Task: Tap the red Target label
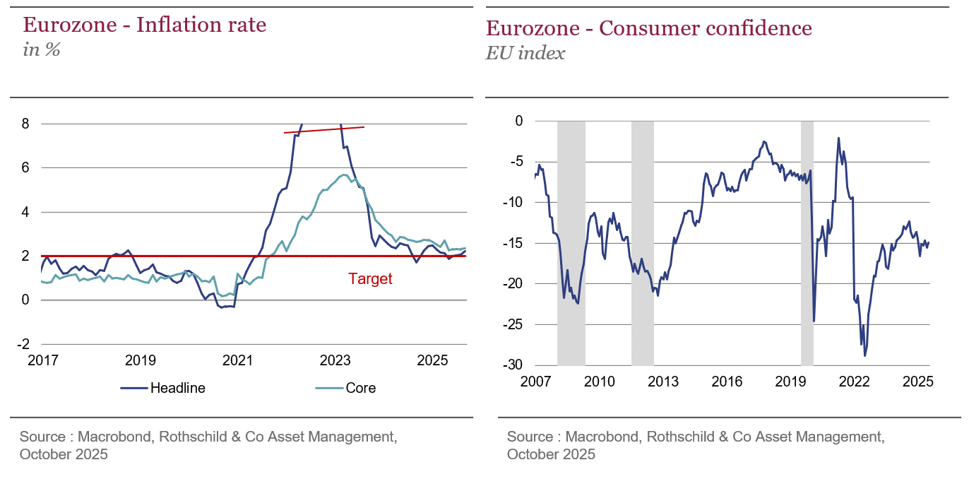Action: click(370, 279)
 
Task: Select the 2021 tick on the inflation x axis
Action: click(237, 361)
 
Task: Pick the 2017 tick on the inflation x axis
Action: click(42, 361)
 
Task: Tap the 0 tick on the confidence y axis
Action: click(518, 121)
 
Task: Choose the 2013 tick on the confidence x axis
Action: click(663, 382)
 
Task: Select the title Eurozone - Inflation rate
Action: click(145, 25)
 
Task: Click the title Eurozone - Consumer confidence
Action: click(648, 28)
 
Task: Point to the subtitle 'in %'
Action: click(42, 49)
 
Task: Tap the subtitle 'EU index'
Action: click(525, 53)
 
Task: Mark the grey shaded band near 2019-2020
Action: click(807, 240)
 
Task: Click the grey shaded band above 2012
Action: click(642, 240)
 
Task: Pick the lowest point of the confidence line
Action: click(865, 355)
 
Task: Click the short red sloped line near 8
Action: click(324, 130)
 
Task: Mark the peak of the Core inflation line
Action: click(343, 175)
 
